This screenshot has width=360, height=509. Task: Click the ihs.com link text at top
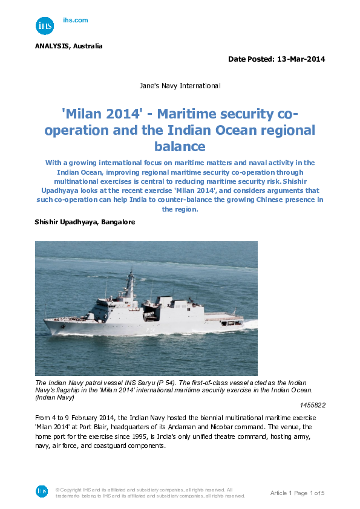coord(76,21)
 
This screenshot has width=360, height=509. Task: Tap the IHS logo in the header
coord(45,26)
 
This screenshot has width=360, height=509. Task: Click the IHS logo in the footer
coord(42,491)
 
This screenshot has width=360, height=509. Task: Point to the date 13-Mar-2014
coord(301,59)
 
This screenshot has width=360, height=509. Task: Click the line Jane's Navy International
coord(180,86)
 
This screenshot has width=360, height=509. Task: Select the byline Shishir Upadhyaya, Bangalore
coord(85,222)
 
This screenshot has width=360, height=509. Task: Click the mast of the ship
coord(130,283)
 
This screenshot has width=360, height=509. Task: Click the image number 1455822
coord(313,404)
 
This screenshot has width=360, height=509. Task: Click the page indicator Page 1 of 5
coord(310,493)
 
